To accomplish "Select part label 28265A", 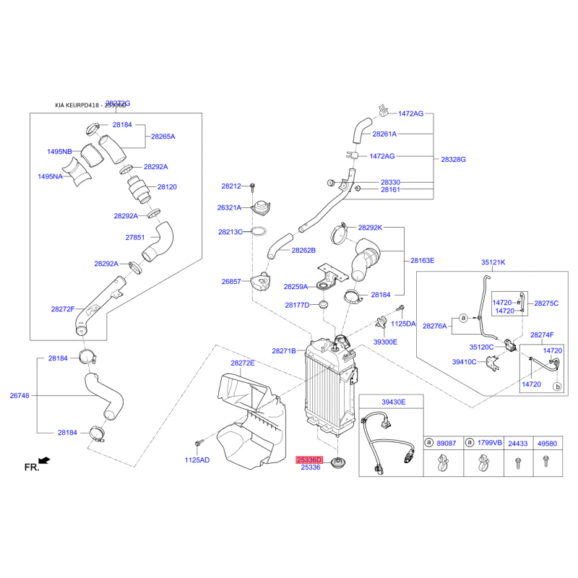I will (x=163, y=136).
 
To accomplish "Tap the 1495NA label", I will (x=51, y=176).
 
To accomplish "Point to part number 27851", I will (x=135, y=237).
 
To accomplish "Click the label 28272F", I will (x=63, y=309).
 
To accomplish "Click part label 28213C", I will (x=231, y=232).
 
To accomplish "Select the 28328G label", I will (x=453, y=159).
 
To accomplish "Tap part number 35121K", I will (x=493, y=262).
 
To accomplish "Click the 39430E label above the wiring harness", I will (x=394, y=402).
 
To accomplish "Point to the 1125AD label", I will (x=197, y=460).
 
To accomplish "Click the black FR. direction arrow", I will (x=44, y=460).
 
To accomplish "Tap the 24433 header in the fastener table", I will (x=517, y=443).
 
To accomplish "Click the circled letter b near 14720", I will (x=557, y=387).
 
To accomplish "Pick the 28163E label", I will (x=423, y=260).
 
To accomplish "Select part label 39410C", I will (x=465, y=362).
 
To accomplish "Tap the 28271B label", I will (x=284, y=350).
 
